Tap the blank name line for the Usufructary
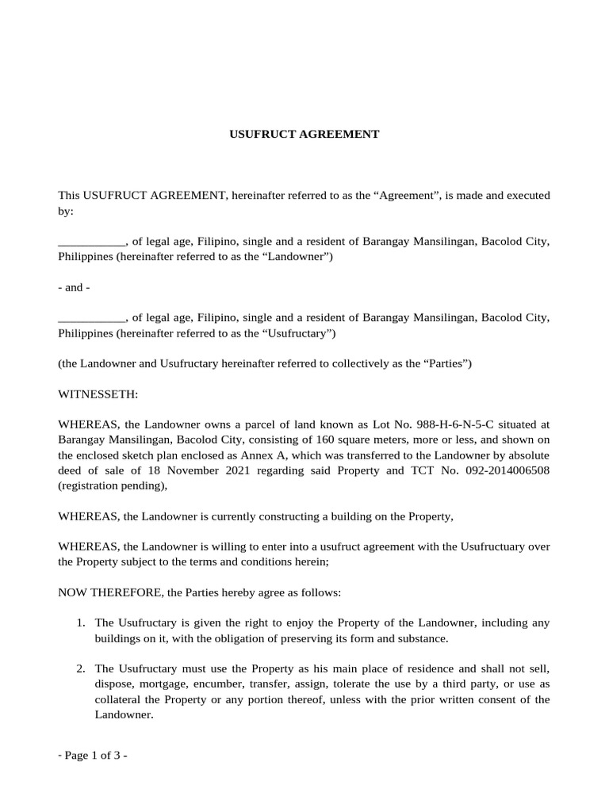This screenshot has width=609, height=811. pos(91,317)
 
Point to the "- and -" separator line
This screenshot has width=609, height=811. pos(74,287)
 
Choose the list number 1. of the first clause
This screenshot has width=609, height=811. pos(82,623)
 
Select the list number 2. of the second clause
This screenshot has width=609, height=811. pos(82,668)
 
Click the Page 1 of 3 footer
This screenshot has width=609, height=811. pos(93,756)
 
